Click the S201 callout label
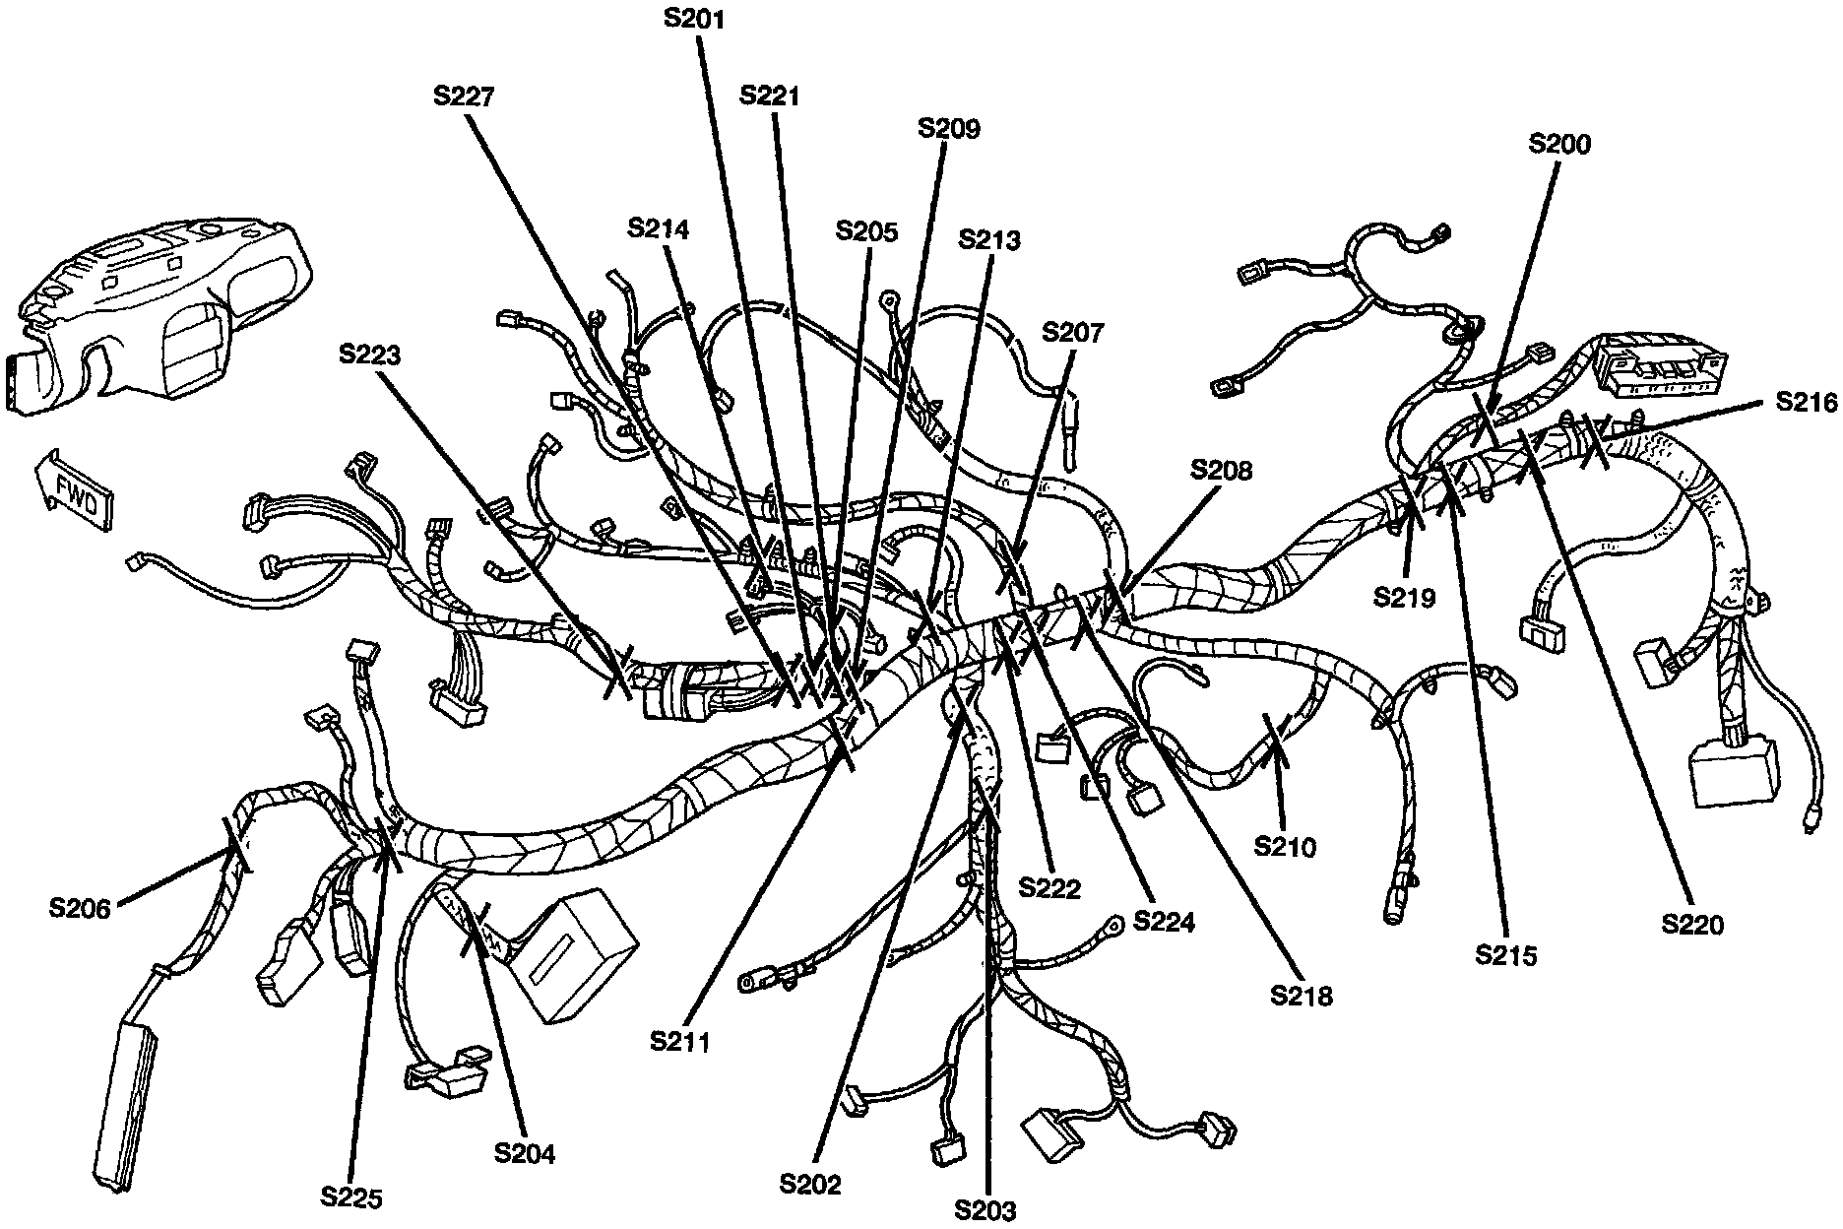click(x=693, y=18)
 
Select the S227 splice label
click(x=463, y=96)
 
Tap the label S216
click(x=1806, y=402)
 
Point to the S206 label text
click(x=80, y=907)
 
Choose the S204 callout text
click(x=525, y=1153)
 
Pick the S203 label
click(x=985, y=1209)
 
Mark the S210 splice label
click(x=1285, y=845)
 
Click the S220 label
click(x=1692, y=924)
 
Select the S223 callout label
click(x=370, y=355)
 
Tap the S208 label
click(x=1221, y=470)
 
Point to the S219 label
click(x=1405, y=597)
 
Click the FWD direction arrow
click(x=75, y=490)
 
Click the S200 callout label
click(x=1559, y=144)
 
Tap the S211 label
click(x=679, y=1041)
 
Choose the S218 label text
click(x=1301, y=995)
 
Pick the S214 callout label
click(x=659, y=228)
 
